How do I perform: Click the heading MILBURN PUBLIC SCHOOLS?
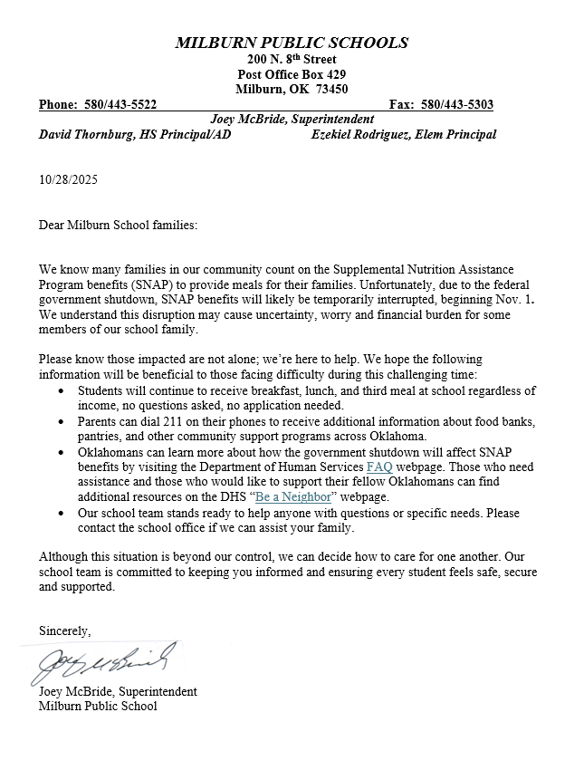point(292,43)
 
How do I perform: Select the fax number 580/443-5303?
point(457,104)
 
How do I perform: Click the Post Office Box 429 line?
point(292,74)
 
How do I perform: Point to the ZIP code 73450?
point(330,89)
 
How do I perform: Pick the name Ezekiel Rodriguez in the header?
point(360,134)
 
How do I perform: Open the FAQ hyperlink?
point(378,467)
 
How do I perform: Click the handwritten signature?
point(100,663)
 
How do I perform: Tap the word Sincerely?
point(64,630)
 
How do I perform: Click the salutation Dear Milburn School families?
point(118,224)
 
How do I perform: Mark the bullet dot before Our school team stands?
point(60,513)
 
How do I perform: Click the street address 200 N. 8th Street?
point(292,59)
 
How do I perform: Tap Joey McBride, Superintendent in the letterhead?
point(292,119)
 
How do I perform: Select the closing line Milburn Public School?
point(98,706)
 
